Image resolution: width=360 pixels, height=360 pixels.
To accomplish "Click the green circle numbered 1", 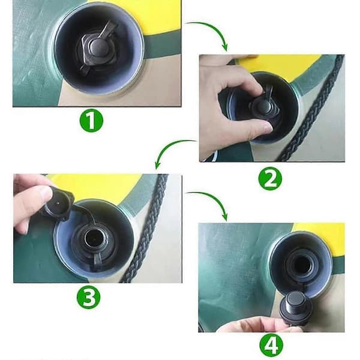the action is pyautogui.click(x=91, y=121).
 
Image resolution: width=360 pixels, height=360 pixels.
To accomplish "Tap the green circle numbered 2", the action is pyautogui.click(x=270, y=178).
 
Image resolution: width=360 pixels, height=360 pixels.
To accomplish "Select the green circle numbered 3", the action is pyautogui.click(x=88, y=297).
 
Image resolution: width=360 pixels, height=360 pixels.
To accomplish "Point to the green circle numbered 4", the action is pyautogui.click(x=271, y=345).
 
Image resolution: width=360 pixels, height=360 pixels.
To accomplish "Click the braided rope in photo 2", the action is pyautogui.click(x=311, y=108).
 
